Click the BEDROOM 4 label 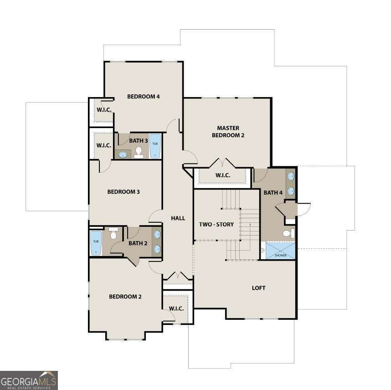[x=143, y=97]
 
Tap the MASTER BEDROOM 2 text [x=228, y=132]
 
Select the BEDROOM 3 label [x=123, y=192]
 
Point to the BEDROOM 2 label [x=125, y=297]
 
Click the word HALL [x=178, y=218]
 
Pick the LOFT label [x=258, y=288]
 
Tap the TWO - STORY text [x=216, y=225]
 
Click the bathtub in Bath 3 [x=155, y=145]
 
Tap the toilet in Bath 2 [x=113, y=234]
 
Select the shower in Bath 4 [x=280, y=251]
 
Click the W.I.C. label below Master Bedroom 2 [x=223, y=175]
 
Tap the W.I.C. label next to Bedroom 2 [x=176, y=308]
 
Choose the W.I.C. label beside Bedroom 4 [x=104, y=110]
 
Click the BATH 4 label [x=273, y=193]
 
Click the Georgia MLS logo [x=29, y=380]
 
